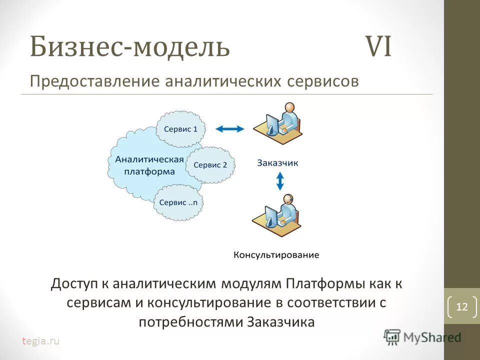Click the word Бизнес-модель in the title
[130, 46]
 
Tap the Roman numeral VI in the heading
[379, 46]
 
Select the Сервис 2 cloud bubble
[210, 164]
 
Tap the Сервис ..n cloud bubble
[178, 202]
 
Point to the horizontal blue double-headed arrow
[229, 129]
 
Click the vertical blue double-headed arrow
[280, 181]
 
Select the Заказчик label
[277, 162]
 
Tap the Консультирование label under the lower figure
[276, 255]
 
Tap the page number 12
[461, 307]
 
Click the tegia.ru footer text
[40, 341]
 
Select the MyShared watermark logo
[422, 337]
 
